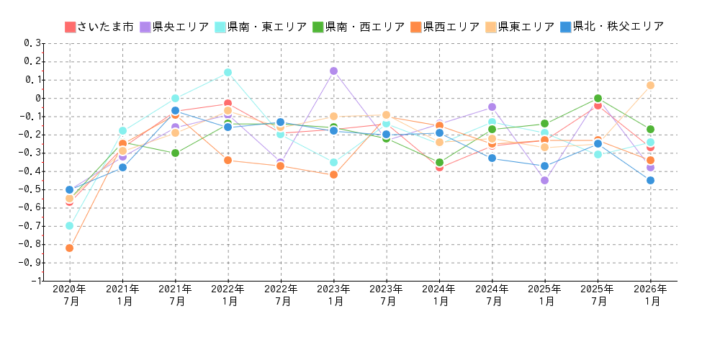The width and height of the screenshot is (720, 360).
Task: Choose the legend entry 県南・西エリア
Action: (x=358, y=27)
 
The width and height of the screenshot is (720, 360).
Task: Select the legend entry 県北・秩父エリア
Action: (x=611, y=27)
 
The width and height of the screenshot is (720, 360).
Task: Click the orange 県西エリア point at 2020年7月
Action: (x=69, y=248)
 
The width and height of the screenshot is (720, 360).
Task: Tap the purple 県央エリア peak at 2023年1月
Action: (x=333, y=71)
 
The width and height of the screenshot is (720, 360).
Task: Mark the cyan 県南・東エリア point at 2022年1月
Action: (x=228, y=72)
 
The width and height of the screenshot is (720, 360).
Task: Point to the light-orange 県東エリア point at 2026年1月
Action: (x=650, y=85)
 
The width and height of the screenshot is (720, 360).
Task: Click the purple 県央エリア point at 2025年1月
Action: (x=544, y=180)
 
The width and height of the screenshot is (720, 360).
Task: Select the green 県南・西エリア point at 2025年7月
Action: (x=598, y=98)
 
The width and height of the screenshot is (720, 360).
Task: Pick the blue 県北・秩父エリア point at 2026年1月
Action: (x=650, y=180)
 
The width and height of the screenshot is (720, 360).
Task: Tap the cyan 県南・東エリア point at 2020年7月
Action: (x=69, y=225)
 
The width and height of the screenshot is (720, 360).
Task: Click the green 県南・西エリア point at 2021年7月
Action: (x=175, y=153)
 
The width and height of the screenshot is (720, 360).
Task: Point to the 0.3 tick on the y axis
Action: (x=33, y=43)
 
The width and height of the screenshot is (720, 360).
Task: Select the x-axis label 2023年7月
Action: (x=387, y=295)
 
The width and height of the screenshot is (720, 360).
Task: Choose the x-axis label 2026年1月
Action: (x=651, y=295)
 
